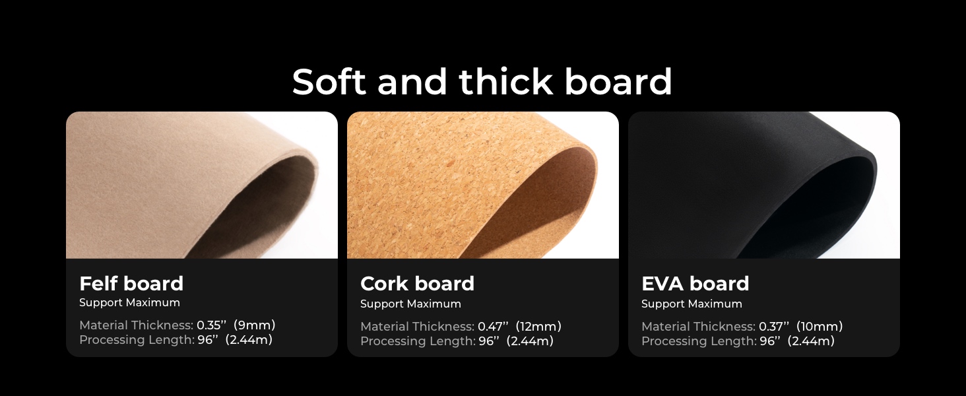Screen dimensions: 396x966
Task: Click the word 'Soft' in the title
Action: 329,82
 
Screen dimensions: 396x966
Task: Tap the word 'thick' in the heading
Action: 505,82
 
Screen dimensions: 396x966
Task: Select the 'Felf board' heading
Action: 131,284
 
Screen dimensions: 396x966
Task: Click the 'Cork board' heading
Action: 417,284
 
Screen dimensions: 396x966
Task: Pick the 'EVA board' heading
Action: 695,284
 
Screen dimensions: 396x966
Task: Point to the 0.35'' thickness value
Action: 212,325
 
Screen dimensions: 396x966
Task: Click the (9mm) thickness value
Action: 255,325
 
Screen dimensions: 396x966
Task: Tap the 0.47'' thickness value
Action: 493,327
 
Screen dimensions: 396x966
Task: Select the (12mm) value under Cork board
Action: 538,327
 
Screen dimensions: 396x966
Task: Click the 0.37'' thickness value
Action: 774,327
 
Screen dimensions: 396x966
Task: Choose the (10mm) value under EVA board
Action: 820,327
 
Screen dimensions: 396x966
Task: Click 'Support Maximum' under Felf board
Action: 129,303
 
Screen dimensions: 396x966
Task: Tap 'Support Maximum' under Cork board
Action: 410,304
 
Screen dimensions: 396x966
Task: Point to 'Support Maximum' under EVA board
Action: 692,304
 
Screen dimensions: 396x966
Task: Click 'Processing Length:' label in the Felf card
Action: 137,340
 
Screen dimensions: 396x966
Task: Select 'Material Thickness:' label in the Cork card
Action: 417,327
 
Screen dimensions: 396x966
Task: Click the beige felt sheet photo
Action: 201,185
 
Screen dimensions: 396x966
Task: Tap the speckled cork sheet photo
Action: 482,185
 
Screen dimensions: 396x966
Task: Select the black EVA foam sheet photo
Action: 763,185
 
